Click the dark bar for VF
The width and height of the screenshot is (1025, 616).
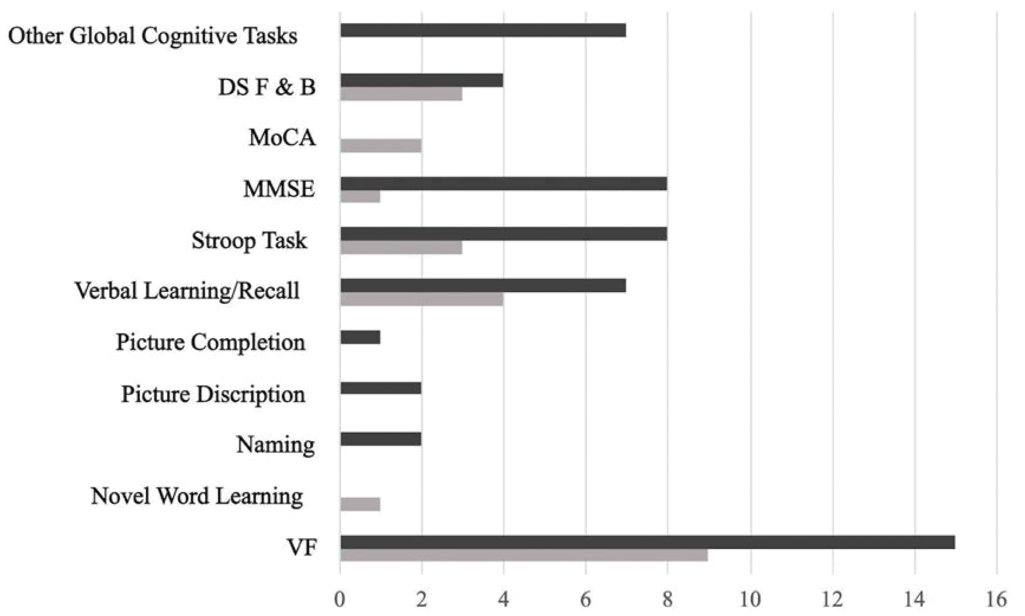(x=647, y=542)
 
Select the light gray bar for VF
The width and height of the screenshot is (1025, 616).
(x=524, y=555)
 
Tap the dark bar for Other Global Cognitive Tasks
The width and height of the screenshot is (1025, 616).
(x=483, y=30)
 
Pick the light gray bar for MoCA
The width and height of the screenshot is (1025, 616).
(x=381, y=146)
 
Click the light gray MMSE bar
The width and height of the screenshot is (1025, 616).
(x=360, y=196)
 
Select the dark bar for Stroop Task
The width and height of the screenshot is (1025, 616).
(x=503, y=234)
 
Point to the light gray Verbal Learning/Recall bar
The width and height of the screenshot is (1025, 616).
(x=421, y=299)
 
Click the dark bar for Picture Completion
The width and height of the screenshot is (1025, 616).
(x=360, y=337)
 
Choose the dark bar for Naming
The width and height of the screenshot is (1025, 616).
(x=381, y=439)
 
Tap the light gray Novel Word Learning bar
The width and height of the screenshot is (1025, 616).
(x=360, y=504)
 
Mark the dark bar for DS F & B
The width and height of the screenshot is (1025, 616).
(x=421, y=80)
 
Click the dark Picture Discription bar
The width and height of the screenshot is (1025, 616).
(x=381, y=388)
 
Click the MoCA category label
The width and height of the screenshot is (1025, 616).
(x=282, y=138)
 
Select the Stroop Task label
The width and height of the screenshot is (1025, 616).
(x=249, y=240)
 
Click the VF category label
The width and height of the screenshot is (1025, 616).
(x=302, y=548)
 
